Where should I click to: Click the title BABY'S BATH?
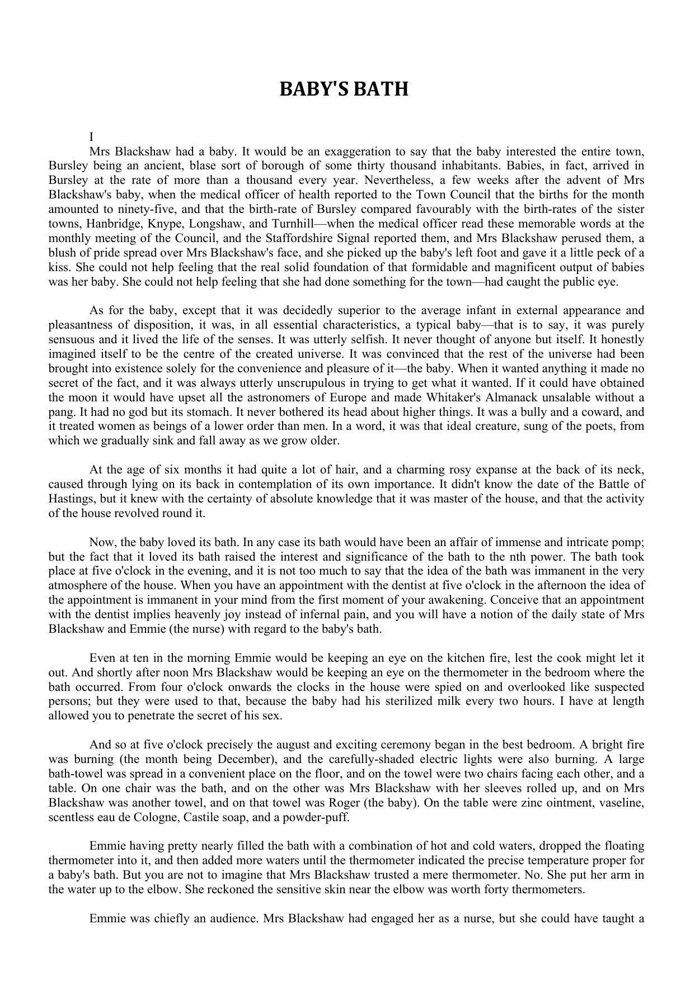coord(344,89)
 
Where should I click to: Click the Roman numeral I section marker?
coord(91,137)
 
